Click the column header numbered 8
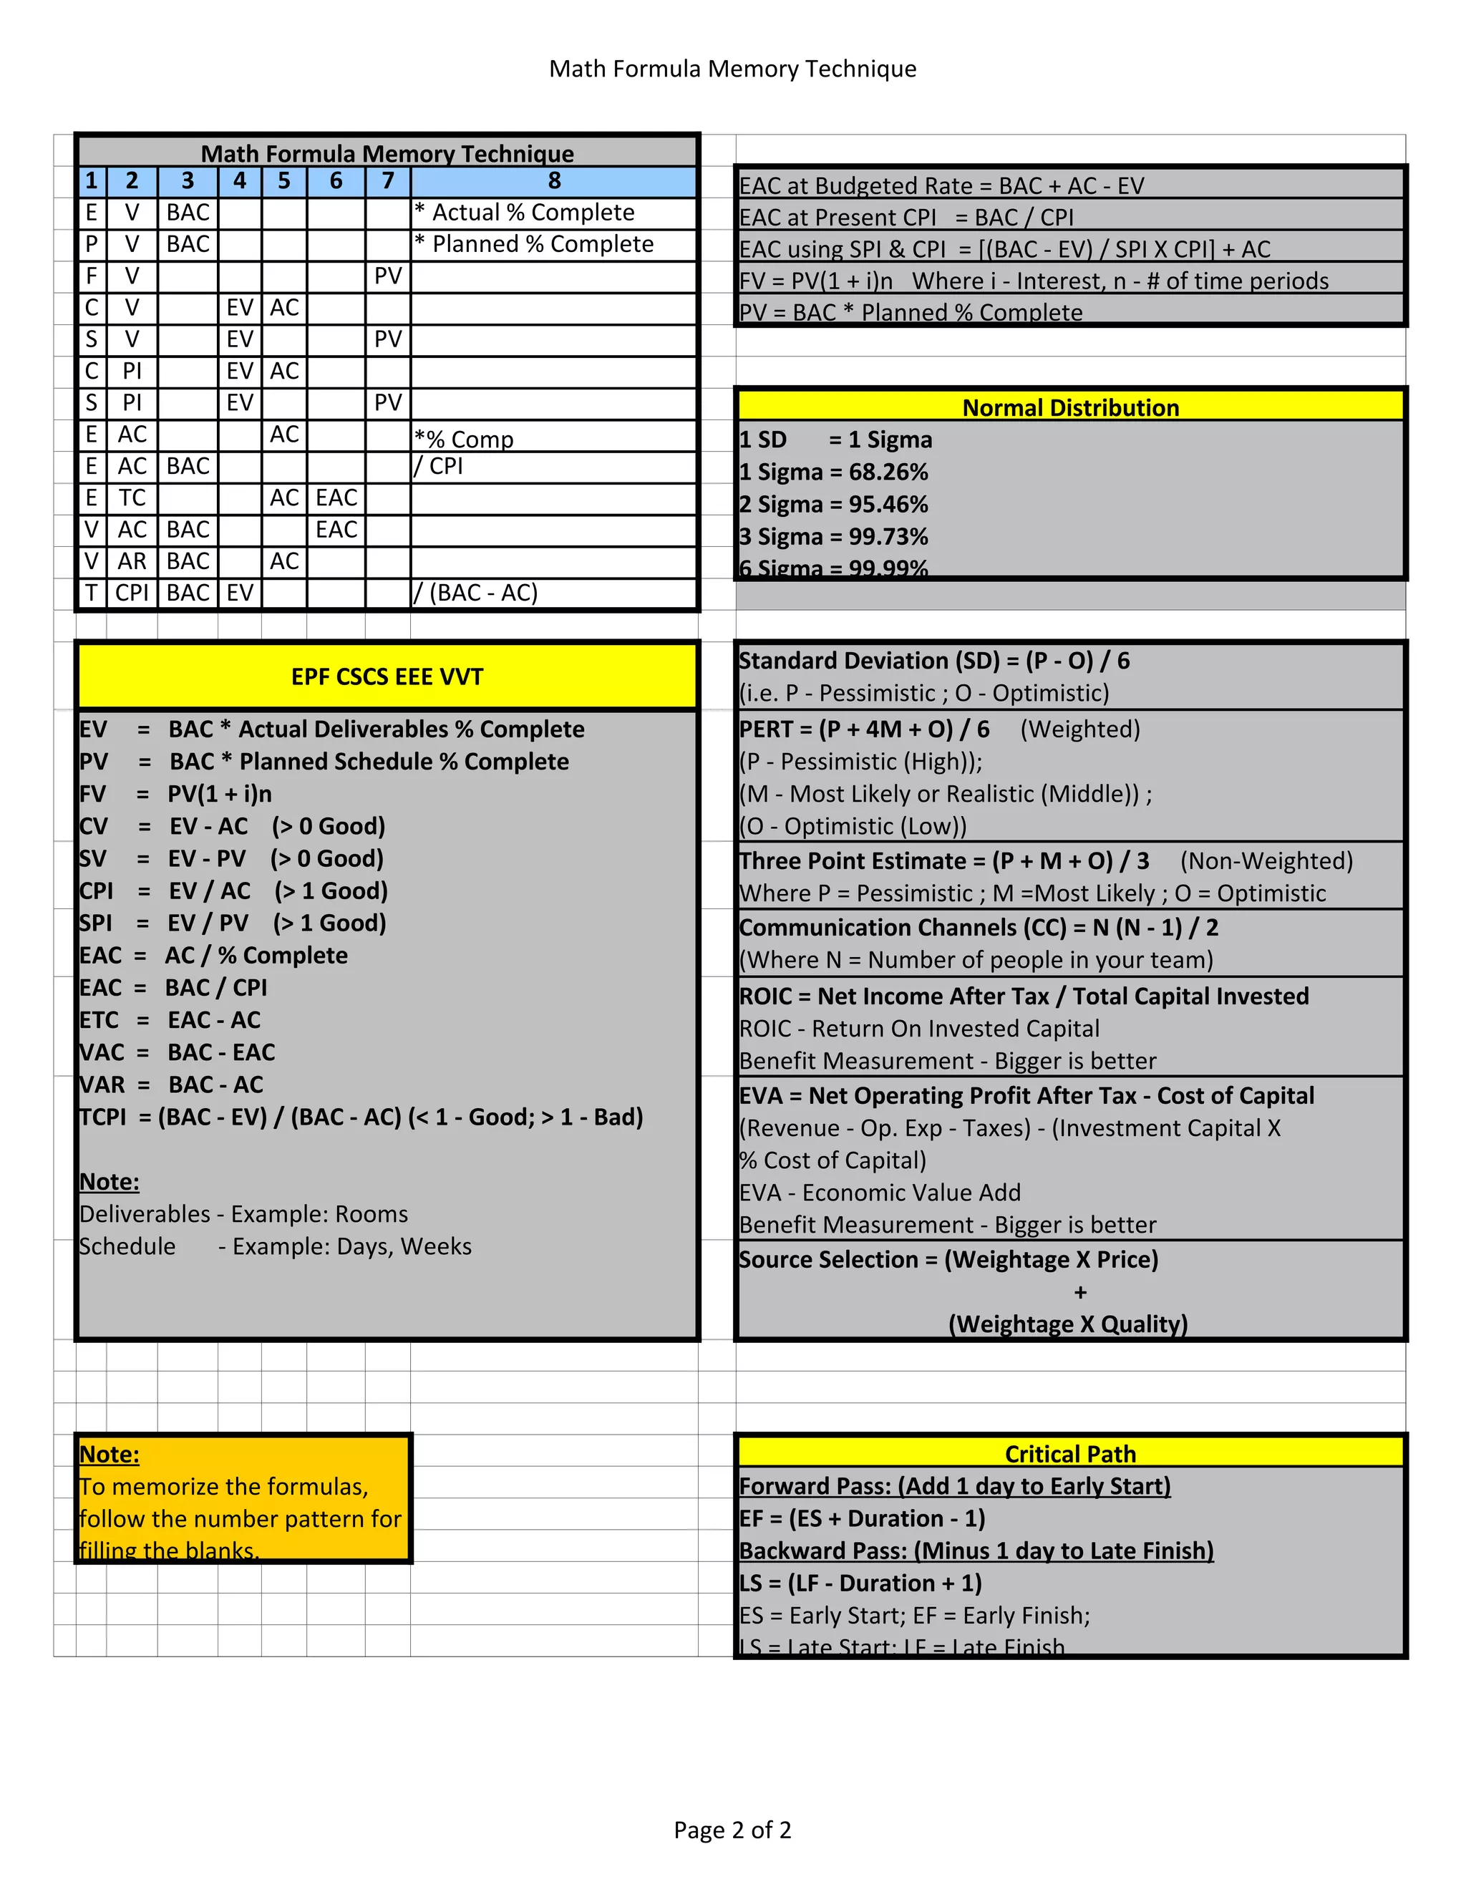pos(554,180)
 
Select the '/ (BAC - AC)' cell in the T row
pos(476,593)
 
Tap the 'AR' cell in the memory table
pos(132,561)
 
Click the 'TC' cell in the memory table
pos(132,498)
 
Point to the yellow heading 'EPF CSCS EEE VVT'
pos(387,676)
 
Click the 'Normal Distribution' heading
pos(1070,407)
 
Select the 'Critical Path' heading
pos(1070,1454)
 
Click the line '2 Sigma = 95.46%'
pos(834,505)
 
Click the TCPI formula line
pos(361,1117)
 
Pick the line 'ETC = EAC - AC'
pos(170,1019)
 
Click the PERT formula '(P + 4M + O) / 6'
pos(903,729)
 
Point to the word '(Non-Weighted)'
pos(1266,860)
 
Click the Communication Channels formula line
pos(979,928)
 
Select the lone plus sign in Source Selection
pos(1079,1292)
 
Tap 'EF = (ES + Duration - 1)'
pos(863,1518)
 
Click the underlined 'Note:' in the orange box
pos(110,1454)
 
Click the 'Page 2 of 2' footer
pos(732,1830)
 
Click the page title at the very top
pos(732,69)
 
